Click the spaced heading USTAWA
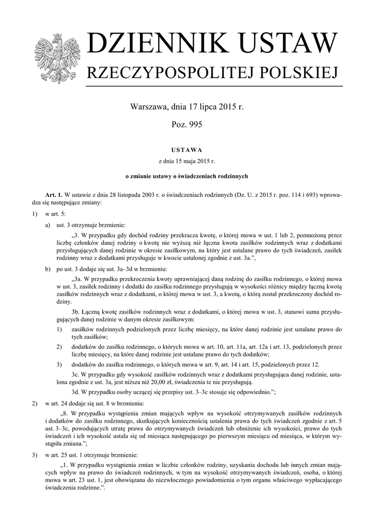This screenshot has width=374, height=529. click(187, 150)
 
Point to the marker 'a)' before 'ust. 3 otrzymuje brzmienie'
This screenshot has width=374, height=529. click(48, 225)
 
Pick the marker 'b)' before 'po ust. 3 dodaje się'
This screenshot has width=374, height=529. click(48, 270)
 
